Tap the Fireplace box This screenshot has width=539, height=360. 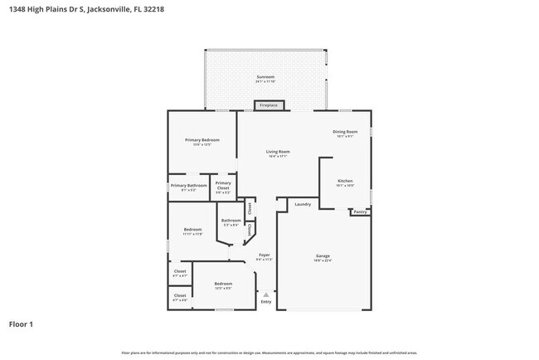(x=269, y=105)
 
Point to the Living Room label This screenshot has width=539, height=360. (x=277, y=153)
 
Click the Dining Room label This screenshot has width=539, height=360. (x=345, y=133)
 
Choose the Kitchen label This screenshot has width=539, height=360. (x=345, y=182)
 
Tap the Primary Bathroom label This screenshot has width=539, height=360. (x=188, y=187)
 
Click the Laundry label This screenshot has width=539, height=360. (x=303, y=204)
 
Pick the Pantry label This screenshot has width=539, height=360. (x=360, y=212)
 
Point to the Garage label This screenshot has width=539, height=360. (x=323, y=256)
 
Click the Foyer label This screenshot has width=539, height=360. (x=264, y=256)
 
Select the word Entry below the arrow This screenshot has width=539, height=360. (x=266, y=302)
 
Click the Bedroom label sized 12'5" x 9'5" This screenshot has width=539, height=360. (x=223, y=285)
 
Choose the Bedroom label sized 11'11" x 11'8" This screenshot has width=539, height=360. (x=192, y=231)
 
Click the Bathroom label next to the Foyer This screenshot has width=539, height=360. (x=231, y=221)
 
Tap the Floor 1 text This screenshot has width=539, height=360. (x=21, y=324)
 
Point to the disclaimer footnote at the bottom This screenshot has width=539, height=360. (x=269, y=353)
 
